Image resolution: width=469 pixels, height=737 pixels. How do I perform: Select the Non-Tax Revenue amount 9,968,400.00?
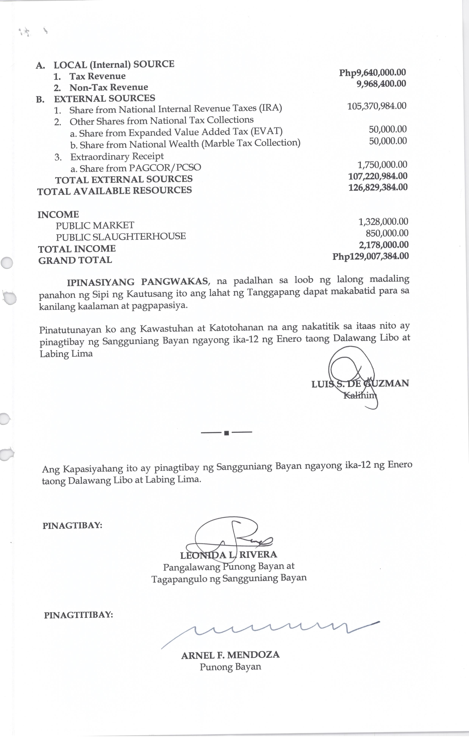click(381, 84)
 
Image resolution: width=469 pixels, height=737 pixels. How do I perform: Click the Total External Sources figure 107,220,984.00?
click(378, 176)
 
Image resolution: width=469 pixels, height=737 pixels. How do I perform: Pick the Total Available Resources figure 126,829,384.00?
click(378, 187)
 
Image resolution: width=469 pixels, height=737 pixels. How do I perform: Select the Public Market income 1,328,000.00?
click(383, 221)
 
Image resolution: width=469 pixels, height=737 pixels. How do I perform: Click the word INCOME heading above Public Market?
click(58, 214)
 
